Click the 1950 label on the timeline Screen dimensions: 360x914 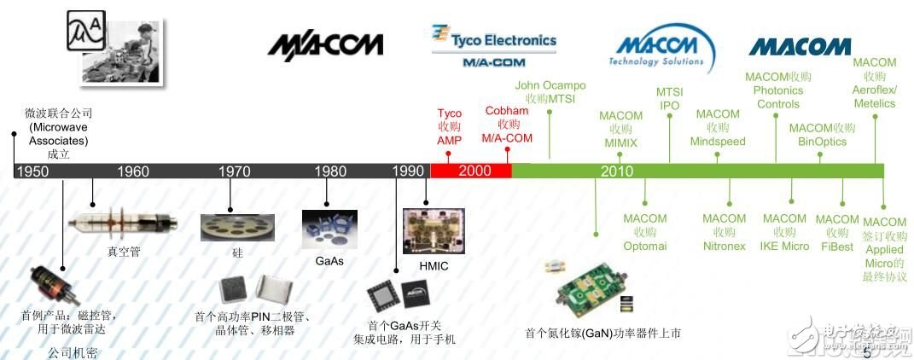32,171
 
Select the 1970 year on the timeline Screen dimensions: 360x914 234,171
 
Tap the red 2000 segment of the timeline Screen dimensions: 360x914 474,171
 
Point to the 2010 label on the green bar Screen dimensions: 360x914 616,171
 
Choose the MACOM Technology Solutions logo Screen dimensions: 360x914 661,49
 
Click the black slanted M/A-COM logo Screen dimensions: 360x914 325,44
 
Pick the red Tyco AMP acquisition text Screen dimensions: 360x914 449,126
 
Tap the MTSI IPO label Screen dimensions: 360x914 669,99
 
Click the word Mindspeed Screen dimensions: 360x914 718,142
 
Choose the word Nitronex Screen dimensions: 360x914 725,246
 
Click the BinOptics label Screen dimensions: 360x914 823,142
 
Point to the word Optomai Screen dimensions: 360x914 645,246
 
